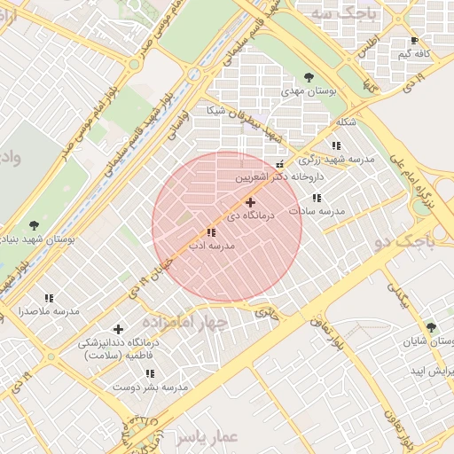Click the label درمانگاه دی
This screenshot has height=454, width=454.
(253, 215)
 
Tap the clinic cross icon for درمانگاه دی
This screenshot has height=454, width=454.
(250, 203)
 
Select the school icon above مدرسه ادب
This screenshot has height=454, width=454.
(210, 232)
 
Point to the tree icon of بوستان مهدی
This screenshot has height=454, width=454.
(308, 77)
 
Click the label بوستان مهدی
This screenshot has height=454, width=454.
(306, 90)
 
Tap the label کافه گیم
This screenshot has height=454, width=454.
(414, 54)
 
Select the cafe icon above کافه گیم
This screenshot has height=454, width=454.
(414, 42)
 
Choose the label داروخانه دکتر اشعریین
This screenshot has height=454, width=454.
(277, 177)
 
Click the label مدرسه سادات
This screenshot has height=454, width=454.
(317, 211)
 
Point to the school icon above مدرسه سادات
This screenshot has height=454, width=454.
(317, 198)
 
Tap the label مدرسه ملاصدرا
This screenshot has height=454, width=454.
(50, 311)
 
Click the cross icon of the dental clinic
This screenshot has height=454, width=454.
(118, 329)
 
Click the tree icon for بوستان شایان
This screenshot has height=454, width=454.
(431, 327)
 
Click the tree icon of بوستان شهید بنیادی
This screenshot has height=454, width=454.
(34, 226)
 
